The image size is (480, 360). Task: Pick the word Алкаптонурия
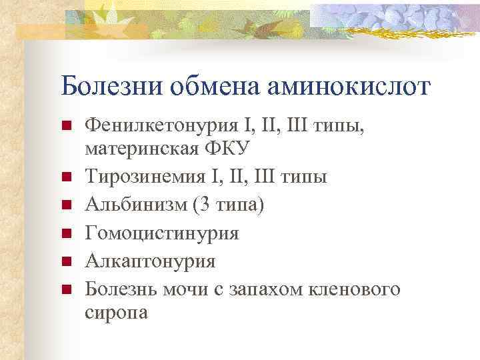point(151,261)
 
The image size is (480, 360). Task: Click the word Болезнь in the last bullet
point(124,289)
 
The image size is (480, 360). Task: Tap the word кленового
point(359,289)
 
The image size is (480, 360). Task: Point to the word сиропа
point(117,311)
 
